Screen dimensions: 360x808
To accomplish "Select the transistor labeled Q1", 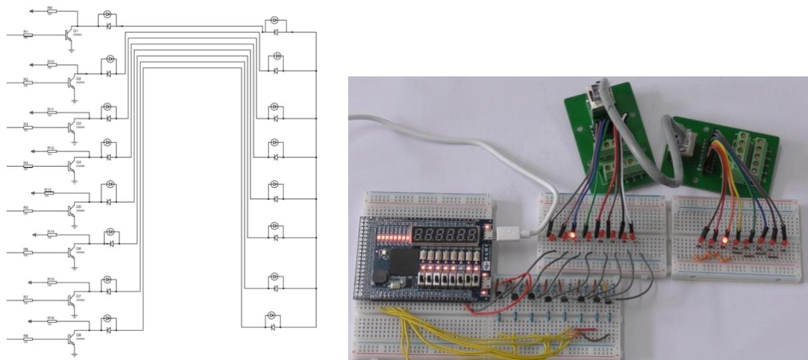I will pyautogui.click(x=68, y=35).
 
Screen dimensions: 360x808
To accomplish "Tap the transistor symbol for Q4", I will pyautogui.click(x=70, y=165).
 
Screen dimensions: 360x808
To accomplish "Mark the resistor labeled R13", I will pyautogui.click(x=49, y=193).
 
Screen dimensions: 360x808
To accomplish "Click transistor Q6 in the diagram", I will pyautogui.click(x=70, y=252).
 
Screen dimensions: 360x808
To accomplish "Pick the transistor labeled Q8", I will pyautogui.click(x=70, y=337).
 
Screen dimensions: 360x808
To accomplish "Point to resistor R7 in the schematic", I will pyautogui.click(x=27, y=300).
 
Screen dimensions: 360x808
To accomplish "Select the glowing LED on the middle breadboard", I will pyautogui.click(x=572, y=235).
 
